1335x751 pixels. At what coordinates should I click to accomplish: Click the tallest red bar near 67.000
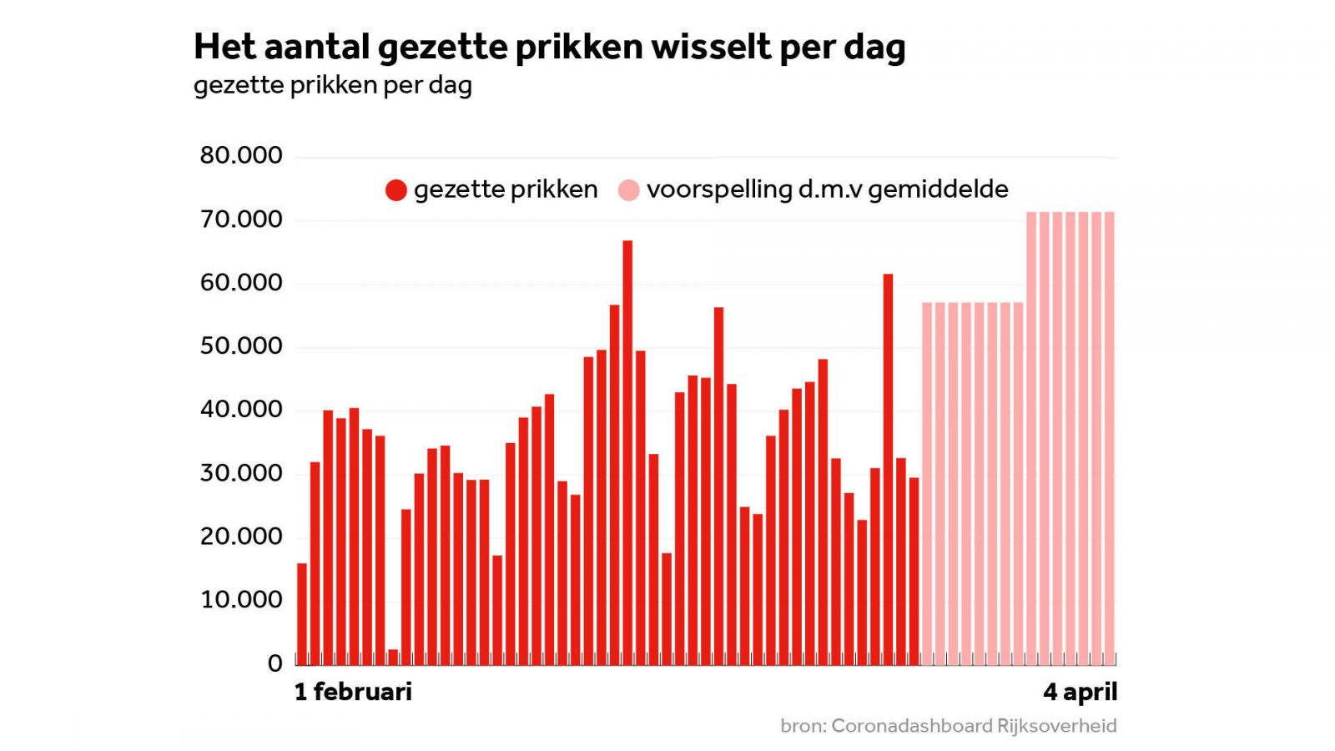click(x=627, y=451)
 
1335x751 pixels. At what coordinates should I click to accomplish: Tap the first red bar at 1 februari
click(x=302, y=613)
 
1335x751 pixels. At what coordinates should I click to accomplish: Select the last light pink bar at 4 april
click(x=1110, y=438)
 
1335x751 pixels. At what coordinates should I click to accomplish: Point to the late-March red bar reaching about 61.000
click(x=888, y=467)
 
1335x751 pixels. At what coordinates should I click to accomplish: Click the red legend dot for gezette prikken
click(x=396, y=190)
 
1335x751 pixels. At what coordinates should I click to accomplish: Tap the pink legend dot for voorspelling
click(x=628, y=190)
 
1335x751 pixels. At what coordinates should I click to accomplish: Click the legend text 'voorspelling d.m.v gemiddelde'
click(x=827, y=189)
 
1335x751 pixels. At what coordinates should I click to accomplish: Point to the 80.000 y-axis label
click(x=241, y=155)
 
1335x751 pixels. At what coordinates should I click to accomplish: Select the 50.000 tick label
click(x=241, y=346)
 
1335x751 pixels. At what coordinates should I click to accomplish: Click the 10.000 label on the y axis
click(x=241, y=600)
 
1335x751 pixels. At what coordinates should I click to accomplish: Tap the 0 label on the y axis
click(x=275, y=663)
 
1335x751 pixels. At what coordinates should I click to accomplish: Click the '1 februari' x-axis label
click(x=353, y=692)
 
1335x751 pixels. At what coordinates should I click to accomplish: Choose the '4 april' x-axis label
click(x=1080, y=692)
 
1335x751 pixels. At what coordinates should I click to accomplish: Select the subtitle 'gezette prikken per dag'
click(x=333, y=85)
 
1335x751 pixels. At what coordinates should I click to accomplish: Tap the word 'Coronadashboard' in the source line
click(x=911, y=726)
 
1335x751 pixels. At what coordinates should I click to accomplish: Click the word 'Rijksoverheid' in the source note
click(x=1056, y=726)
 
